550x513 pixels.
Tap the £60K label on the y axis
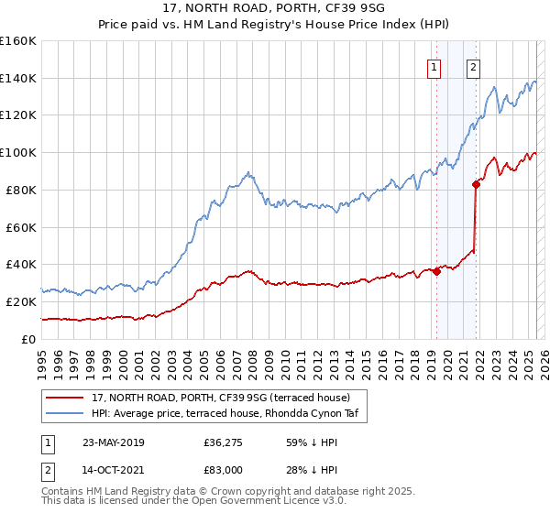20,227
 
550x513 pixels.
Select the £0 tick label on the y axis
27,339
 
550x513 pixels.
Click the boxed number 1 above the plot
432,66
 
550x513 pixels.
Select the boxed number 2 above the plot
473,66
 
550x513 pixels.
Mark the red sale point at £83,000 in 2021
476,184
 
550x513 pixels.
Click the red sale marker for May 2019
437,271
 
